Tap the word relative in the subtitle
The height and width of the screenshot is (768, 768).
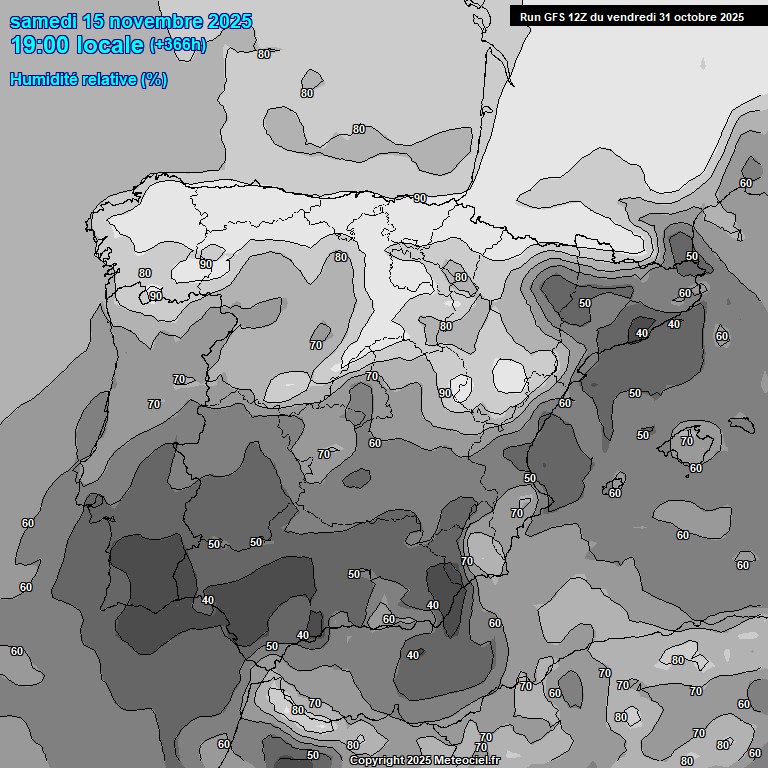tap(110, 79)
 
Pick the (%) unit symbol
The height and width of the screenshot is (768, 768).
tap(154, 79)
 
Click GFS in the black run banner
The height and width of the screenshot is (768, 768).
tap(554, 17)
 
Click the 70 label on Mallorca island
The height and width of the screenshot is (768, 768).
tap(686, 441)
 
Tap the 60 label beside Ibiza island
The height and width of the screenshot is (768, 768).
tap(615, 492)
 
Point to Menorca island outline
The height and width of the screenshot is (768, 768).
tap(741, 424)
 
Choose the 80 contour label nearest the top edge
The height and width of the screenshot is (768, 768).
tap(264, 54)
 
